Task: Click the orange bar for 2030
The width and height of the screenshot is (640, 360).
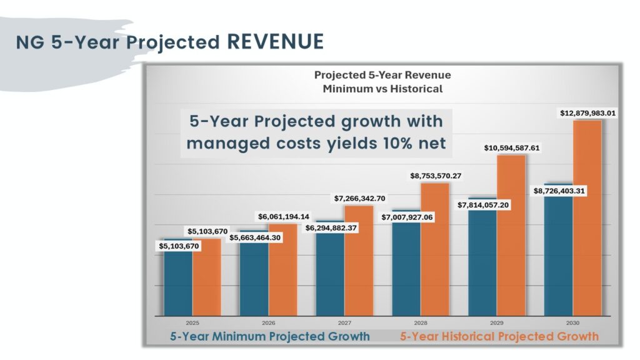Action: [587, 219]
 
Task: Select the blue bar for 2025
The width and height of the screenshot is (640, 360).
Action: [178, 281]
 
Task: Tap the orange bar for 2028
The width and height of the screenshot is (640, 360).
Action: [435, 250]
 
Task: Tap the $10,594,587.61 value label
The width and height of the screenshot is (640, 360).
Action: [511, 148]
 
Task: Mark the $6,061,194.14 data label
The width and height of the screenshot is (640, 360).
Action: [284, 216]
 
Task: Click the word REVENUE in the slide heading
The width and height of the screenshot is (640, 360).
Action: [275, 42]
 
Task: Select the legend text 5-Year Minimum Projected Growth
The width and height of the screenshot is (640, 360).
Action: [270, 336]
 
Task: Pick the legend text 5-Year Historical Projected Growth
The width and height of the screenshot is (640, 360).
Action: [499, 336]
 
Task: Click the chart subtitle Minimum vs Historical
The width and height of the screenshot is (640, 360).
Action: [382, 89]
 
